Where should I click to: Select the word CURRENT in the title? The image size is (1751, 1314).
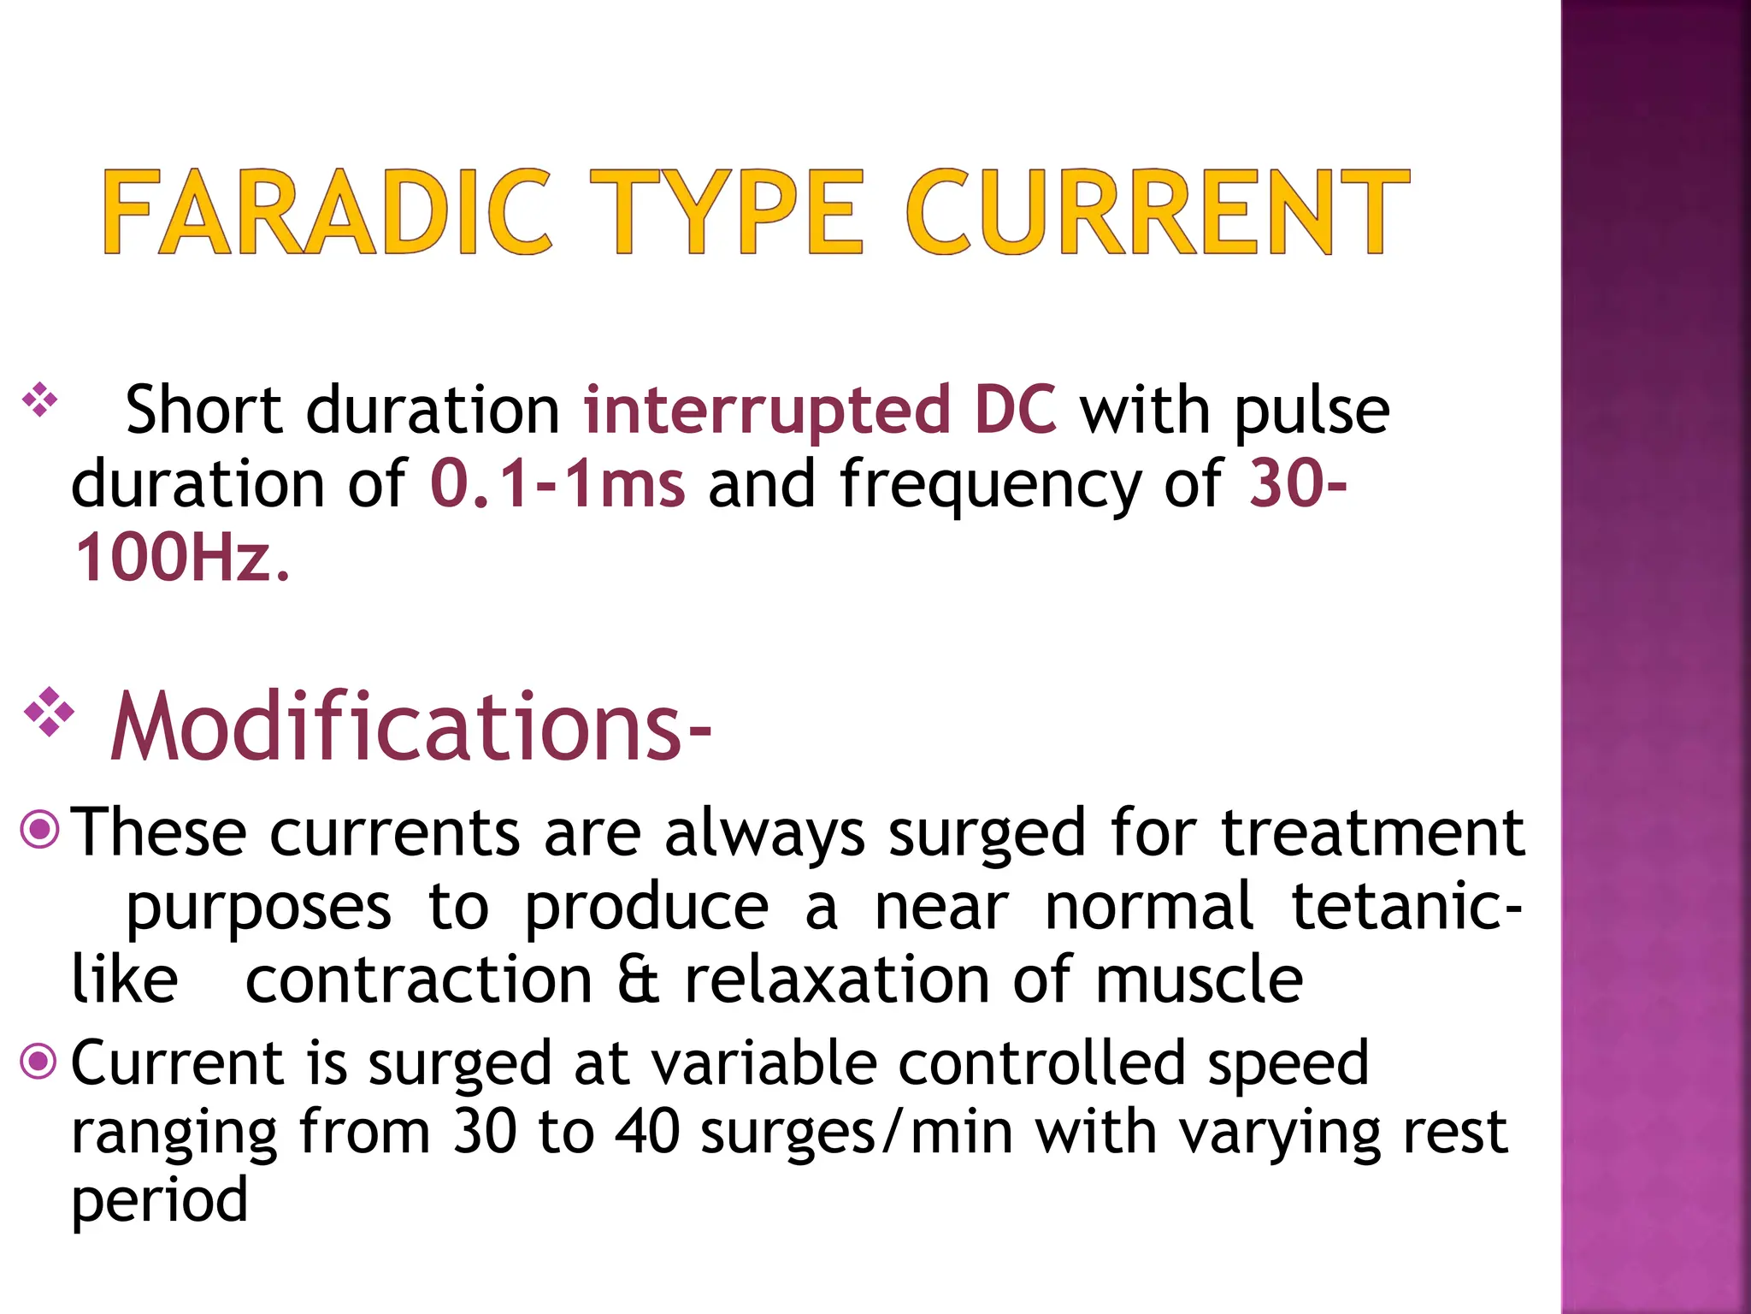click(x=1157, y=212)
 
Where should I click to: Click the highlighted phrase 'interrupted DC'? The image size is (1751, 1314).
click(x=819, y=410)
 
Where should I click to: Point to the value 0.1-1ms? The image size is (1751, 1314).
click(x=557, y=484)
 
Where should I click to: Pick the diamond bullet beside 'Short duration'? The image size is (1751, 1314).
click(x=39, y=400)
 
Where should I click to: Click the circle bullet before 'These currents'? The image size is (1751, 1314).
click(x=39, y=828)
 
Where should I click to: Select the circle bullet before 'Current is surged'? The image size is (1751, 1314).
click(x=38, y=1062)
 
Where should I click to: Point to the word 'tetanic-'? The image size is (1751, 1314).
click(x=1406, y=907)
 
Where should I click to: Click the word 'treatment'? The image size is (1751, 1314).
click(x=1372, y=832)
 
